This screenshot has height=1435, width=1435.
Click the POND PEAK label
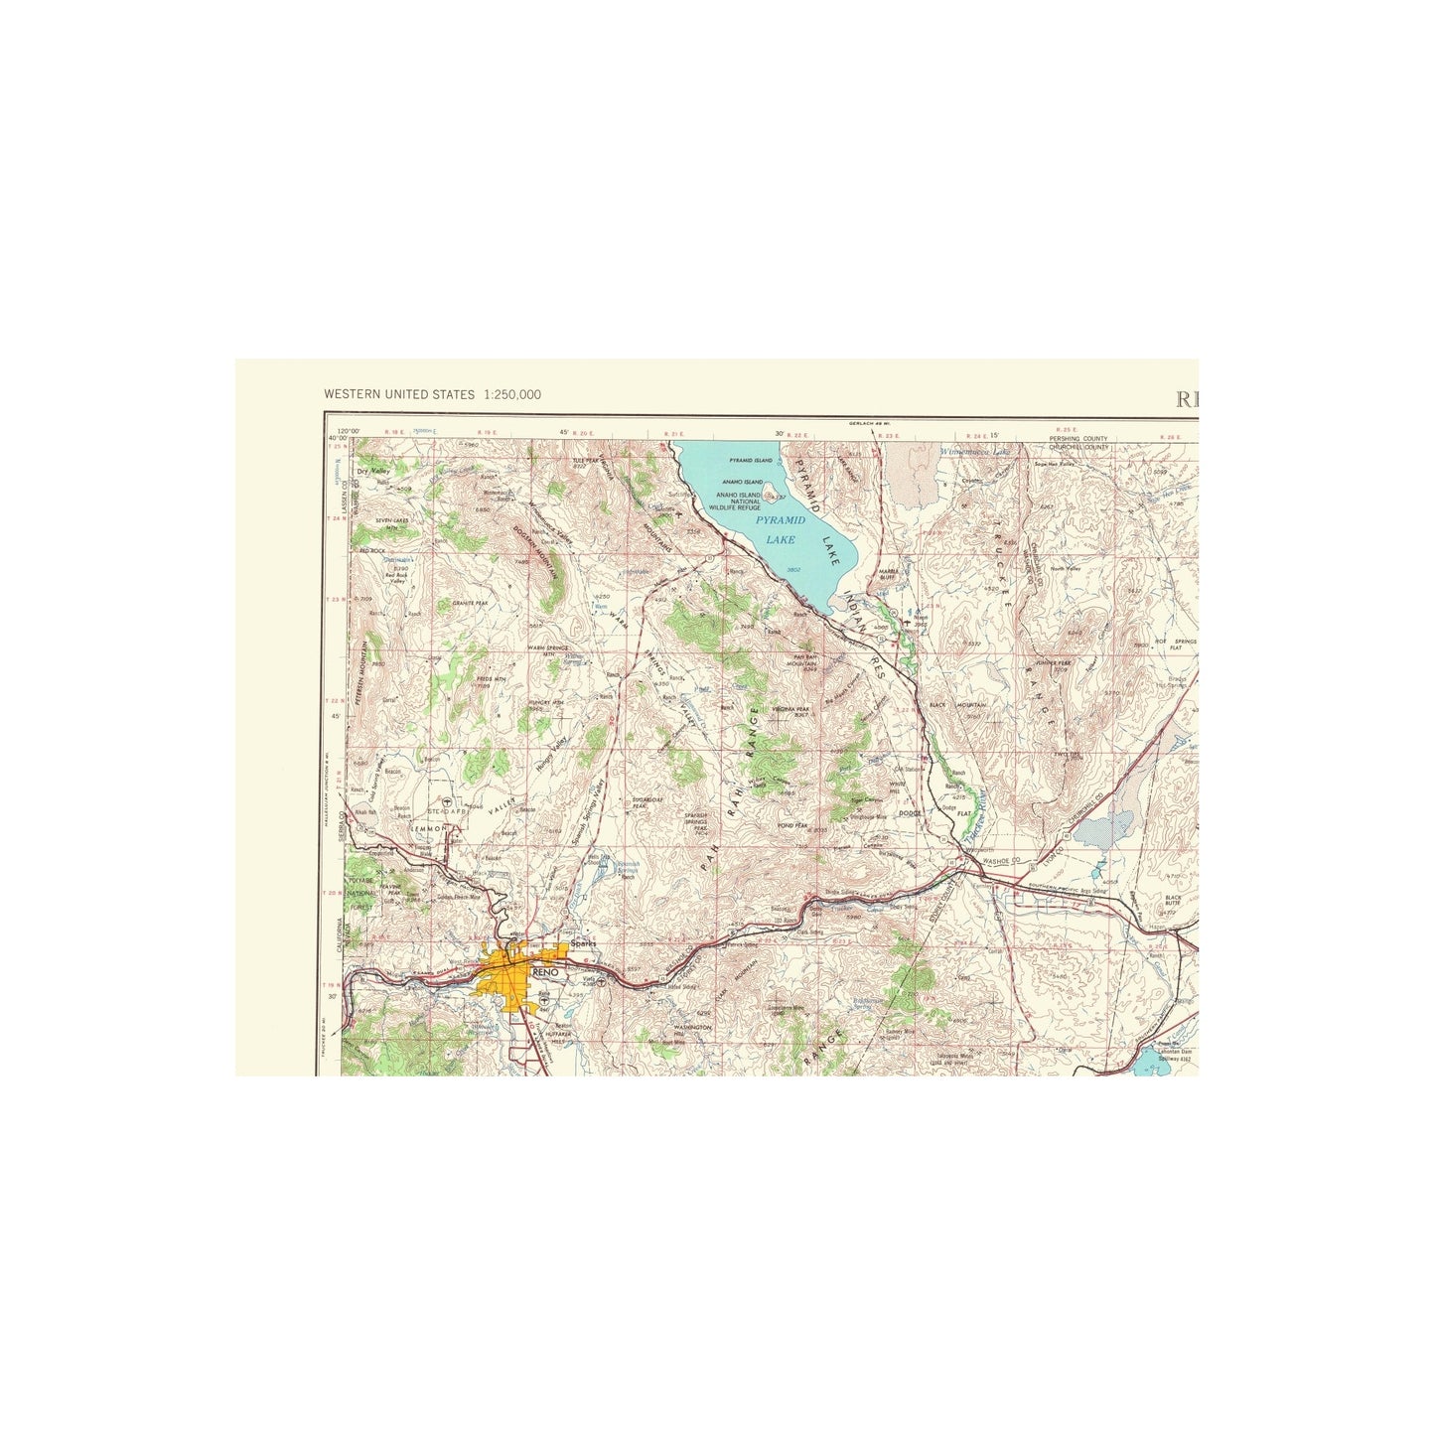[793, 824]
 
